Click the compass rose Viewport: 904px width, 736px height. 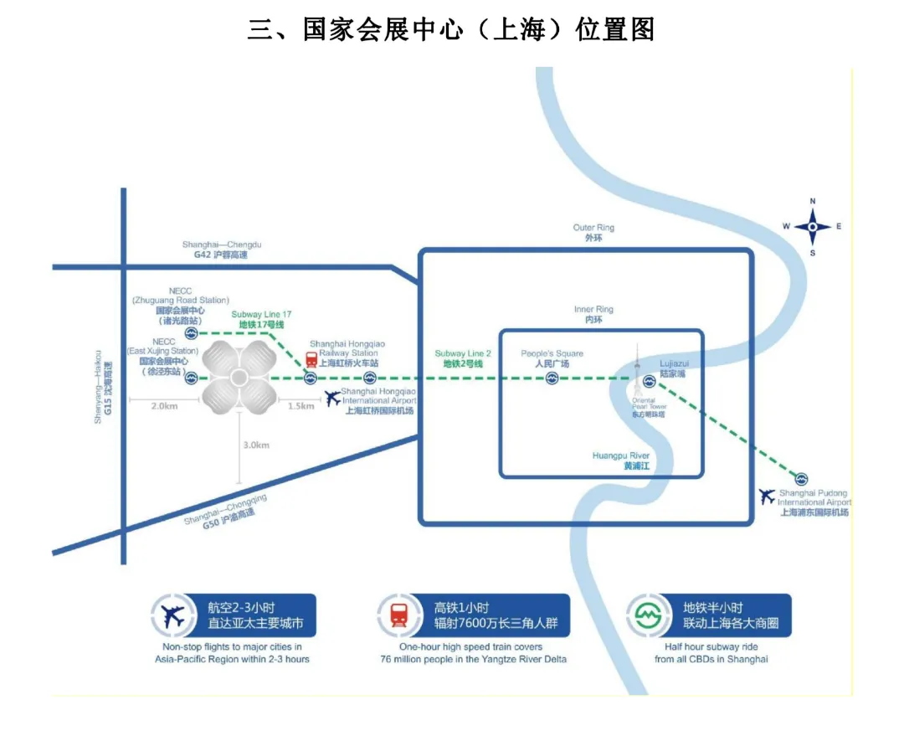812,227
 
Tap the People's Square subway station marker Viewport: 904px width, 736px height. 552,379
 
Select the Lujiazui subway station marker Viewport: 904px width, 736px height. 649,381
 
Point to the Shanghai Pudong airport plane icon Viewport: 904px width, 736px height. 767,496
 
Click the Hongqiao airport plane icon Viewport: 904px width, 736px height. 334,398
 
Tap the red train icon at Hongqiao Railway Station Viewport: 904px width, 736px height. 311,360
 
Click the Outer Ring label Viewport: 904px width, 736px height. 593,233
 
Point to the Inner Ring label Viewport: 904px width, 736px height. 593,315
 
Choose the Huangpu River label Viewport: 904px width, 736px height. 621,461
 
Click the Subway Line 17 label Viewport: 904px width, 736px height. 261,319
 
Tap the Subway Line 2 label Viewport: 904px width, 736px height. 462,359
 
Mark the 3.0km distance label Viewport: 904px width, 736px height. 255,445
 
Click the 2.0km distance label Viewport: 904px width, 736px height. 165,406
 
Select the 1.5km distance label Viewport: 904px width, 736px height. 300,406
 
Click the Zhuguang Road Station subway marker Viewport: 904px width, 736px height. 191,332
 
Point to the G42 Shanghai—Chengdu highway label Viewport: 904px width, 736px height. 222,250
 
